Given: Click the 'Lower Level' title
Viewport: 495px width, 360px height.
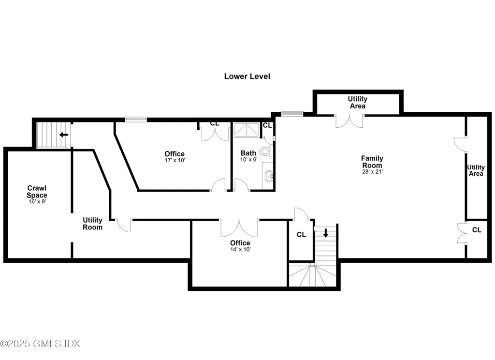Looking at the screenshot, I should [x=247, y=76].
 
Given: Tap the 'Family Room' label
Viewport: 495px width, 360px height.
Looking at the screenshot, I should [x=372, y=162].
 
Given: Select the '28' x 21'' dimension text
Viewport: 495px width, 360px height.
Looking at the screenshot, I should [x=372, y=171].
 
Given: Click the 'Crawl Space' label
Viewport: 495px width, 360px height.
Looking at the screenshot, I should [x=37, y=191].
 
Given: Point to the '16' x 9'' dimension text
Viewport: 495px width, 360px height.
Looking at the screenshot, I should [x=37, y=201].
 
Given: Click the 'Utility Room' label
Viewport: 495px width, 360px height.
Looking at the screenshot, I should [x=92, y=224].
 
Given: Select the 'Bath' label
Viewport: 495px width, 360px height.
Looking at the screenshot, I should [x=248, y=153].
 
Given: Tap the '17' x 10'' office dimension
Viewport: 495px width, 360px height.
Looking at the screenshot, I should [x=174, y=160].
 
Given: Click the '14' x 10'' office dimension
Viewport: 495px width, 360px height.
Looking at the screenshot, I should [x=240, y=250].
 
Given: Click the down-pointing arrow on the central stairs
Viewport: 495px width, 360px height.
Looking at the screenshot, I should [x=325, y=233].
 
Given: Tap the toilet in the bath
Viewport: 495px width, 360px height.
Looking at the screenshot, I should [x=265, y=151].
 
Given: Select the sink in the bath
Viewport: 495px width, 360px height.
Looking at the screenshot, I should [x=269, y=176].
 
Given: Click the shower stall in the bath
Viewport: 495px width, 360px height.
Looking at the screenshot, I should [x=247, y=131].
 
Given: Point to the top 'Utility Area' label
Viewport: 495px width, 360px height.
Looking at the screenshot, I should [x=357, y=103].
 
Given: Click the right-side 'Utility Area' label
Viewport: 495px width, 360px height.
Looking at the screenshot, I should [x=476, y=170].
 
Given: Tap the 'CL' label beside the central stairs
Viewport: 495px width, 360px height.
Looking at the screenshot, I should [x=301, y=235].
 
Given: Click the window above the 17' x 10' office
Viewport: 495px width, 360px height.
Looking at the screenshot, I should [x=136, y=119].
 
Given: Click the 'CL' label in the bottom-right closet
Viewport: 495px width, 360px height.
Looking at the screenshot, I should [x=477, y=230].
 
